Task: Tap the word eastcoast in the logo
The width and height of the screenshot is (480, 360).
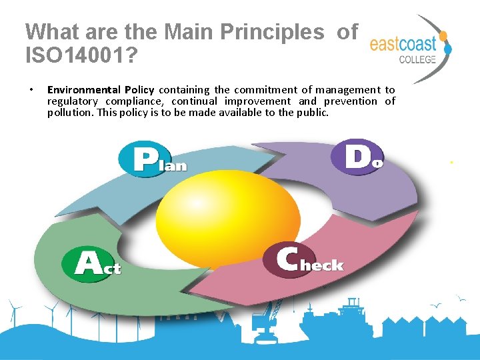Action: coord(403,45)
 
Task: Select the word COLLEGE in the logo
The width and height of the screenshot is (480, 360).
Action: coord(417,59)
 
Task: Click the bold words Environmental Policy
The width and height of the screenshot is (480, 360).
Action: coord(100,89)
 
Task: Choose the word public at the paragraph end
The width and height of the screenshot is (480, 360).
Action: coord(312,113)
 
